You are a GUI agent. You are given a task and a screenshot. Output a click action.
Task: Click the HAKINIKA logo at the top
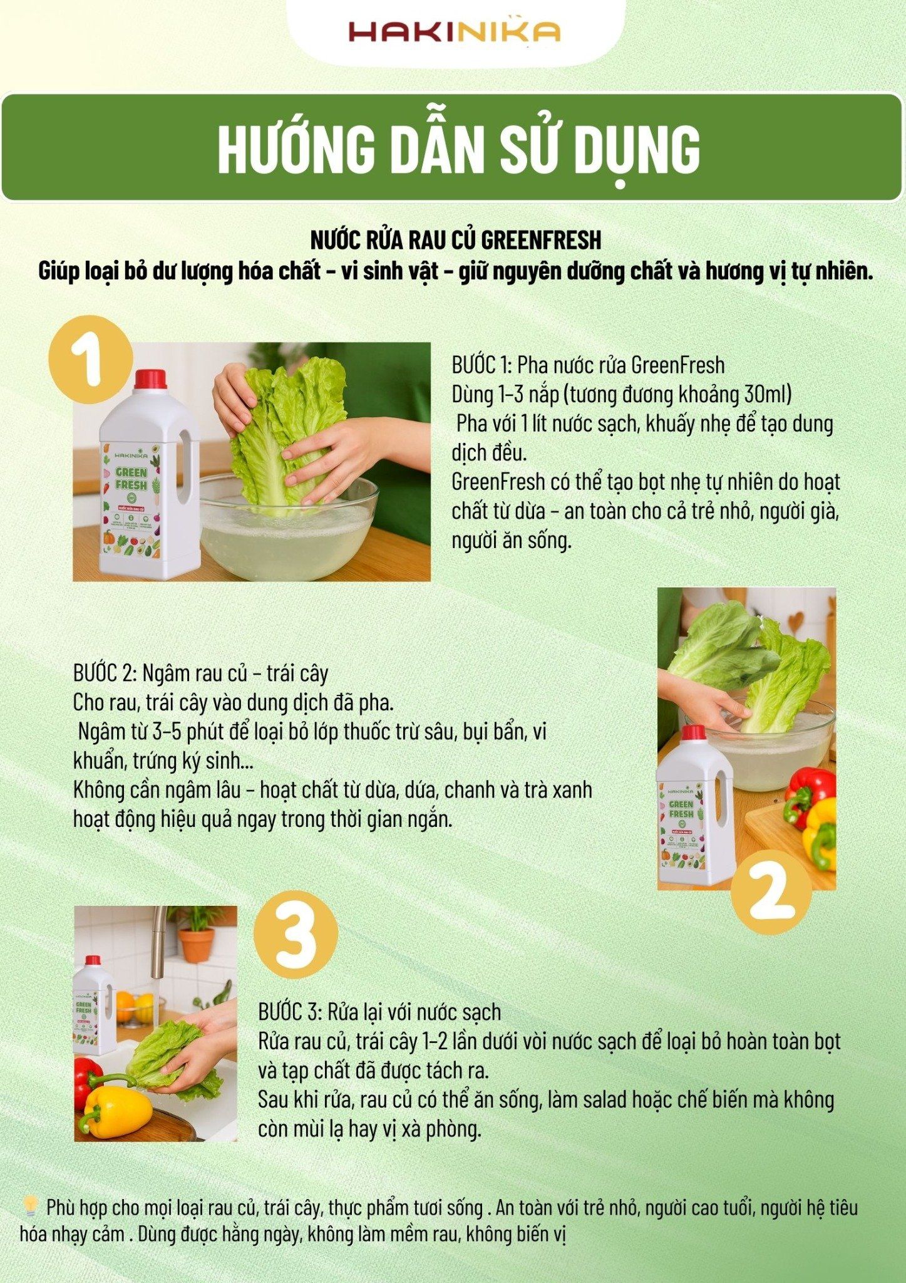453,31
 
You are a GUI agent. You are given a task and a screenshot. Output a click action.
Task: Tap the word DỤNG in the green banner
637,150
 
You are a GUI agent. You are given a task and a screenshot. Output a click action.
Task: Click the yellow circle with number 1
91,358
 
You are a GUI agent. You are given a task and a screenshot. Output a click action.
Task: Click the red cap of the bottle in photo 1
150,379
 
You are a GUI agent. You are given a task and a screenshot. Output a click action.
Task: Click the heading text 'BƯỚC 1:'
481,365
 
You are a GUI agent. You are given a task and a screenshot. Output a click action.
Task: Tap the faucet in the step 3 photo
158,940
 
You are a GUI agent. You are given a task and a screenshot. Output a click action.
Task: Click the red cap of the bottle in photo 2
693,732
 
